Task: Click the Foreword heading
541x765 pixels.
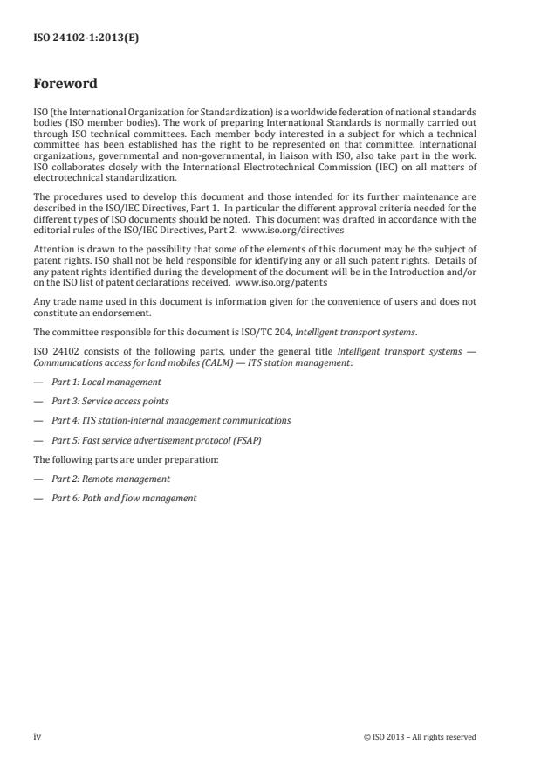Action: click(x=65, y=85)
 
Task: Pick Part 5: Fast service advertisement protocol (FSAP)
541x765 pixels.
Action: click(x=156, y=439)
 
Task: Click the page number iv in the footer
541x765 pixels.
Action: click(x=37, y=736)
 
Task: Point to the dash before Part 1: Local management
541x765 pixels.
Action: click(x=38, y=382)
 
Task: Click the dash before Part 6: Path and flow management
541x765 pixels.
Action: click(x=38, y=498)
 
